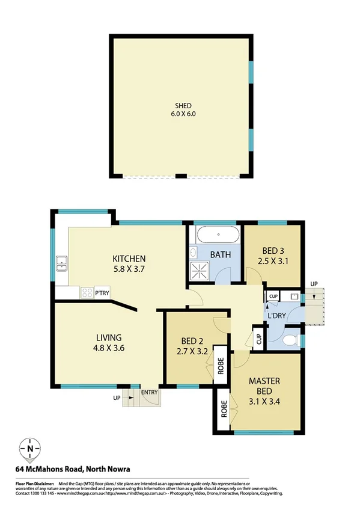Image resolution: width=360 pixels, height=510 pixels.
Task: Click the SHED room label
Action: [x=180, y=106]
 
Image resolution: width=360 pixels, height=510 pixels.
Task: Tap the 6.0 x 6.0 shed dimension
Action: [x=180, y=114]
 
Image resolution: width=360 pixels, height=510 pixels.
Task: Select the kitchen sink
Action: [x=61, y=264]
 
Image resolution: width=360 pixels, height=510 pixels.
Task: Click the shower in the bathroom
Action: [x=198, y=271]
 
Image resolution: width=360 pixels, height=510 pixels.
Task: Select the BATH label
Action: [x=220, y=255]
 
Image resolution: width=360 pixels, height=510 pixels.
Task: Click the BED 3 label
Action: [x=273, y=251]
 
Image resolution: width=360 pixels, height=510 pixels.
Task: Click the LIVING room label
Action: [x=109, y=337]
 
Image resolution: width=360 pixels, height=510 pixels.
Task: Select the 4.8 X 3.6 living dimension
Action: [x=109, y=347]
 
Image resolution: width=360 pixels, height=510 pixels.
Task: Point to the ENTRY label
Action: [x=148, y=393]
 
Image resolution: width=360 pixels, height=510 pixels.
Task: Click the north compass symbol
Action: [x=30, y=448]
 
